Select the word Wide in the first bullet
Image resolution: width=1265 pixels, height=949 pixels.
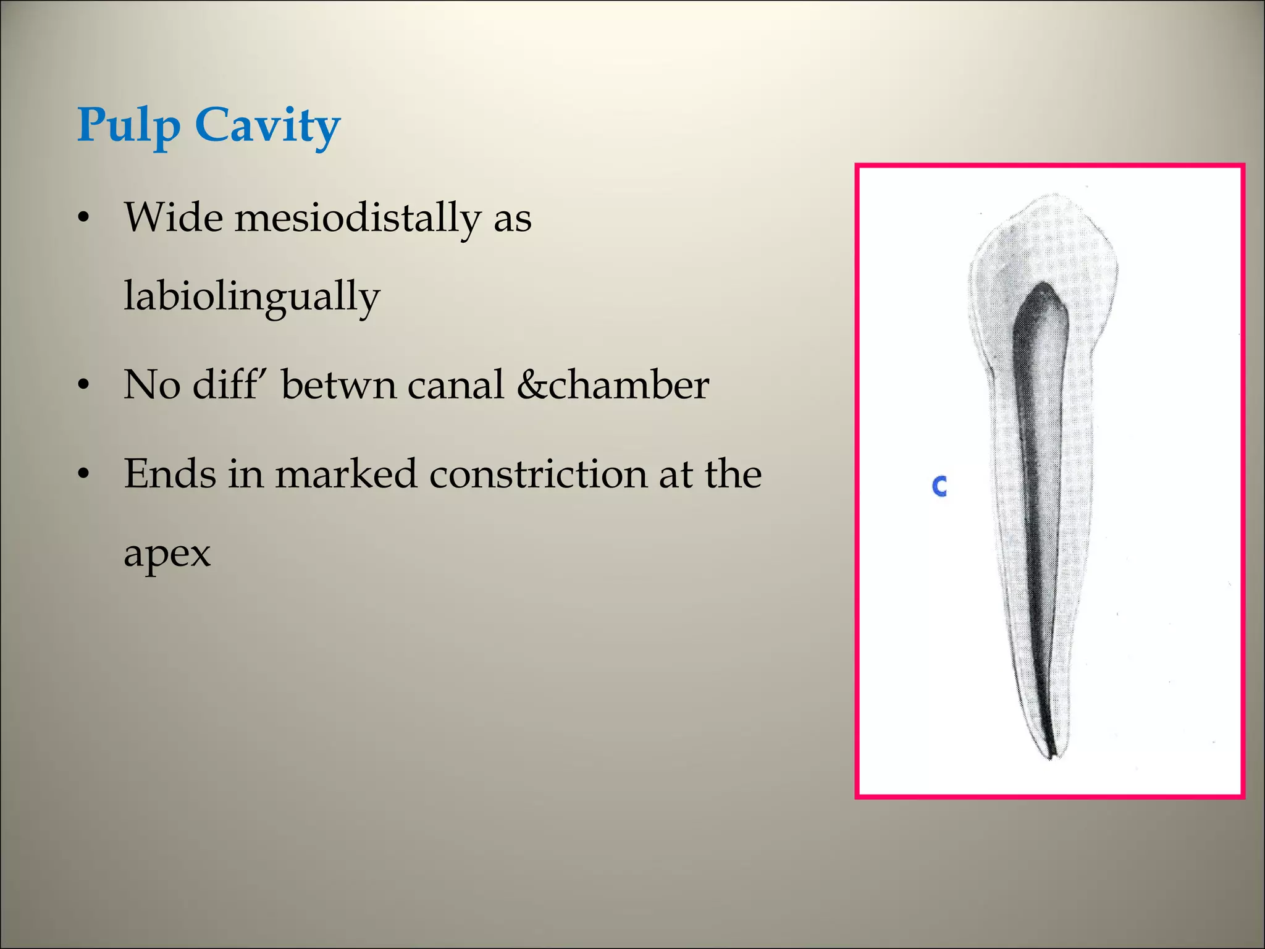[x=173, y=217]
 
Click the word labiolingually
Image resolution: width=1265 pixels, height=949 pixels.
[x=251, y=297]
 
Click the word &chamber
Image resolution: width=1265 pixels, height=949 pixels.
[x=613, y=385]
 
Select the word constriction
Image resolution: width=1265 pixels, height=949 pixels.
[x=537, y=474]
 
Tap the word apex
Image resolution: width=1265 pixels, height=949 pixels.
[x=167, y=554]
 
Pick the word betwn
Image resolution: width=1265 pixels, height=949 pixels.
[x=338, y=385]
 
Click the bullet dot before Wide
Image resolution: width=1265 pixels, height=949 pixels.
[x=84, y=219]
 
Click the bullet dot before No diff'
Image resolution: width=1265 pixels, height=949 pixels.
[x=84, y=386]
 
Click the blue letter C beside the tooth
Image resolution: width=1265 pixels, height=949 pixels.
[x=939, y=486]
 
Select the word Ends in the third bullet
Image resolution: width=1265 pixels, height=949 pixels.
[x=169, y=474]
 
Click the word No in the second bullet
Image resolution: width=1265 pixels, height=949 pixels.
[x=151, y=385]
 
